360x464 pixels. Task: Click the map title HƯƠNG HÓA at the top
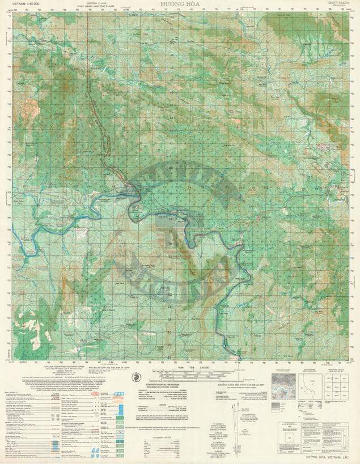click(179, 4)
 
